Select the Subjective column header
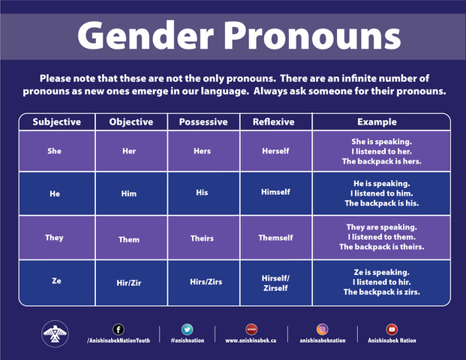56,121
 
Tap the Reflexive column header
274,121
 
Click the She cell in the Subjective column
54,151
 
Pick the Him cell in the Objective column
129,193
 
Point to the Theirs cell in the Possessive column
202,238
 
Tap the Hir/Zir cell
129,283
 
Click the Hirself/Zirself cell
275,283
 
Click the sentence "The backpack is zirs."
381,292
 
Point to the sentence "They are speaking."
381,226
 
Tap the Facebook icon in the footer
118,328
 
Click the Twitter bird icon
187,328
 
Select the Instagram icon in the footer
322,328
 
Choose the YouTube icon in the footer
391,328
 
